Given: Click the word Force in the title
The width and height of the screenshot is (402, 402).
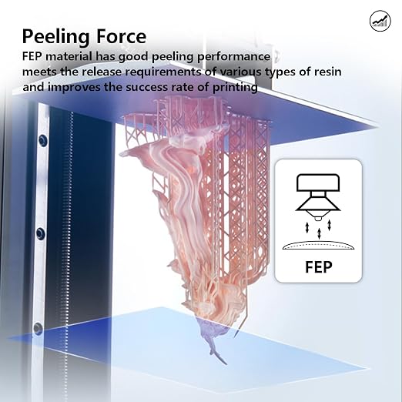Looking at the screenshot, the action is [x=118, y=36].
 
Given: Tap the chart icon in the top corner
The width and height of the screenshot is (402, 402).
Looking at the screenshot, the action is [x=380, y=21].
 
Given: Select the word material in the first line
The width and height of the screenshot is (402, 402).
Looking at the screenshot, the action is [x=69, y=56].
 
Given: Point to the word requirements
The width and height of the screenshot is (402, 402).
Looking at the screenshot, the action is [x=162, y=72].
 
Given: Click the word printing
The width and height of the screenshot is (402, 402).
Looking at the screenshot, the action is [x=235, y=88].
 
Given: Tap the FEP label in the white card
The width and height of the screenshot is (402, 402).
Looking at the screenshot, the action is [x=319, y=267].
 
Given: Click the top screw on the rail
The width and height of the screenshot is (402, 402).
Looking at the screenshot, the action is [x=42, y=140].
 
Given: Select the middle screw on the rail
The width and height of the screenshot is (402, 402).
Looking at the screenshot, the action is [x=41, y=234].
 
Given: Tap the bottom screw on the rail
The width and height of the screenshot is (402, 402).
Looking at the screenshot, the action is [x=38, y=328].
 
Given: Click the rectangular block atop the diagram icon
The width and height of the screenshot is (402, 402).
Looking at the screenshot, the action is [x=318, y=183].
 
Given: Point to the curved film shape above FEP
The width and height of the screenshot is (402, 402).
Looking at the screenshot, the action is [x=318, y=245].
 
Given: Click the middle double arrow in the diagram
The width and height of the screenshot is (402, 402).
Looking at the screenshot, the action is [x=319, y=233].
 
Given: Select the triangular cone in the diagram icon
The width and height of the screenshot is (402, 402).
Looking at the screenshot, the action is [x=318, y=206].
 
